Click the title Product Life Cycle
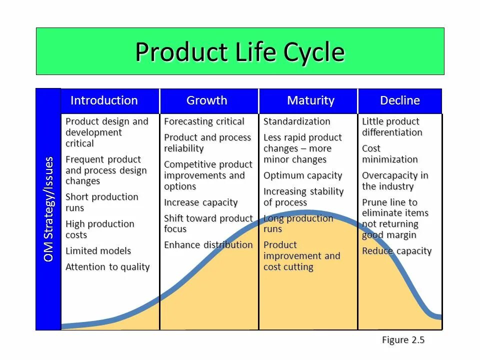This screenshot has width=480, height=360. point(240,51)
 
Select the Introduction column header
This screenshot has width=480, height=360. point(104,100)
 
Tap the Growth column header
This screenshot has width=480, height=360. point(207,100)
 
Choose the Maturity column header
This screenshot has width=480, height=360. point(310,100)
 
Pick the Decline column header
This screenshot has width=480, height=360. point(400,100)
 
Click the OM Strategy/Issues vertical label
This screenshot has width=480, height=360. point(48,209)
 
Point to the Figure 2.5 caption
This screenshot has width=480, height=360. point(403,340)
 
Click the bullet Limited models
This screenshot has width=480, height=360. point(98,251)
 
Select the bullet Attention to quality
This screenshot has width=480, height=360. point(107,267)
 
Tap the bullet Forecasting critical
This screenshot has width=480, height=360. point(204,121)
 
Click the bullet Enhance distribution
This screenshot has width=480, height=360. point(208,245)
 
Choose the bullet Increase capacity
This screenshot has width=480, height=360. point(201,202)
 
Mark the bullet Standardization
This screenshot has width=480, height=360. point(297,121)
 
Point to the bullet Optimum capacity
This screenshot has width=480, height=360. point(303,175)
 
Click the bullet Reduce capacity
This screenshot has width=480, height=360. point(396,251)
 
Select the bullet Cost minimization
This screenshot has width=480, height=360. point(390,154)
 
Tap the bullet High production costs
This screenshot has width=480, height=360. point(100,229)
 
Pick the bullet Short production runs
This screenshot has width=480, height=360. point(102,202)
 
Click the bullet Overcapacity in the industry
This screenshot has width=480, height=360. point(395,181)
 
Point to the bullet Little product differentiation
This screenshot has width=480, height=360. point(392,127)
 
